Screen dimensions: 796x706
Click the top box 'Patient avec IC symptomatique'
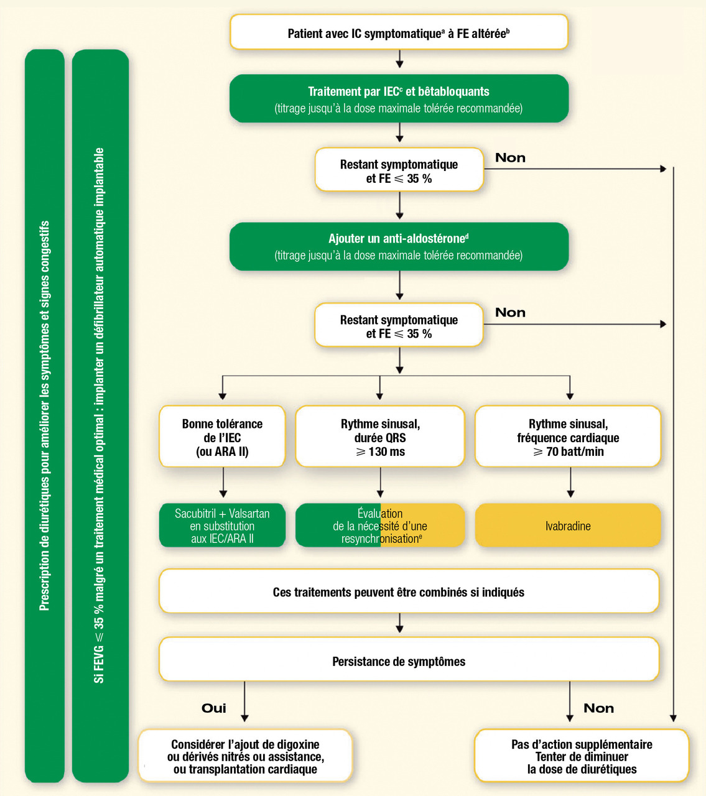[399, 32]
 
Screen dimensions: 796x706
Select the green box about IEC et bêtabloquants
[399, 99]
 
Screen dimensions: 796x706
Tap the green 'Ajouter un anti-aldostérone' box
[399, 246]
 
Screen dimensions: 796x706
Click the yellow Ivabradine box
[567, 525]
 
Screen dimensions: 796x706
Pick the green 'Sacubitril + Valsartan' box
[222, 525]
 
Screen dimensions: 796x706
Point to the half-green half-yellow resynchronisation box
[380, 525]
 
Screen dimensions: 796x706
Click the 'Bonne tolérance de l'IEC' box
[222, 437]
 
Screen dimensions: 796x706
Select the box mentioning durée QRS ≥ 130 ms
[380, 437]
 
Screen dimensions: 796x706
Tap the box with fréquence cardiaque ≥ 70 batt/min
[567, 437]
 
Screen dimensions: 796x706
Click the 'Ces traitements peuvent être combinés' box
[409, 591]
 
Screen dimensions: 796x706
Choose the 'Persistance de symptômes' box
[409, 660]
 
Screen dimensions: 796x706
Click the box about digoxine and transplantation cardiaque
[245, 756]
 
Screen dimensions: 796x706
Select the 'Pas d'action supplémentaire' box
[582, 756]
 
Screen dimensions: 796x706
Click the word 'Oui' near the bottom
[214, 708]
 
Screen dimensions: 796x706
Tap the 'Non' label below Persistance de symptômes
[598, 708]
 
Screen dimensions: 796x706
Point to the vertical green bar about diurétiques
[45, 415]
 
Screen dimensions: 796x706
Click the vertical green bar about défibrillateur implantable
[100, 415]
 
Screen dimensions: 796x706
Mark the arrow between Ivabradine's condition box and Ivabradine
[570, 483]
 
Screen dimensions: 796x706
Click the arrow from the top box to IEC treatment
[399, 59]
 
